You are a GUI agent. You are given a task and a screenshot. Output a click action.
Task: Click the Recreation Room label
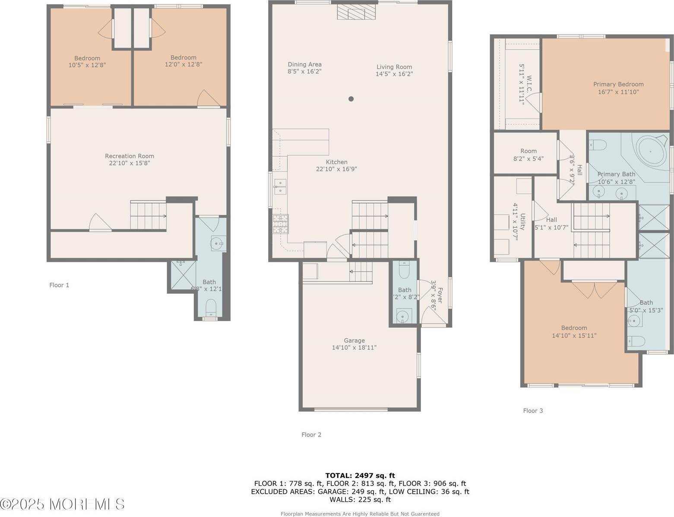click(x=129, y=156)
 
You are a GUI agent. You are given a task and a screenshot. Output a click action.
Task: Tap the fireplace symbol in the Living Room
click(x=351, y=12)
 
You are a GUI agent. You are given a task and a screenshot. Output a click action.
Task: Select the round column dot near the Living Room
click(x=351, y=99)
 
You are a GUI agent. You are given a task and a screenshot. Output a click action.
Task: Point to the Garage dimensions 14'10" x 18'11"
click(x=354, y=347)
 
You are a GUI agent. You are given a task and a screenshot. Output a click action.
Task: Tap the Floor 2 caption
click(x=311, y=435)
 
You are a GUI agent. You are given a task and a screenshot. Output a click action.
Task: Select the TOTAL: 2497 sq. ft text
click(x=360, y=476)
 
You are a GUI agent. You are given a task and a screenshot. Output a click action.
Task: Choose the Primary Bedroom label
click(x=618, y=84)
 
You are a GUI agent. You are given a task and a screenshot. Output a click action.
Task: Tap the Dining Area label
click(x=304, y=64)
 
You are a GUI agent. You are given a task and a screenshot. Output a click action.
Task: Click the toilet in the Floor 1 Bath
click(x=211, y=307)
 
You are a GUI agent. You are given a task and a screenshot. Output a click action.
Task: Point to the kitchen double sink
click(x=280, y=186)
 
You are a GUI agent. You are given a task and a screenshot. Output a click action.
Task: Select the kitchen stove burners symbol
click(x=280, y=224)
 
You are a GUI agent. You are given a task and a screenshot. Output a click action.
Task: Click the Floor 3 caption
click(x=533, y=410)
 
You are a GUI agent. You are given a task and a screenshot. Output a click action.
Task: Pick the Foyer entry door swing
click(x=430, y=317)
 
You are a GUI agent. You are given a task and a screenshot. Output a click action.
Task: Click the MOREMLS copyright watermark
click(x=63, y=504)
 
